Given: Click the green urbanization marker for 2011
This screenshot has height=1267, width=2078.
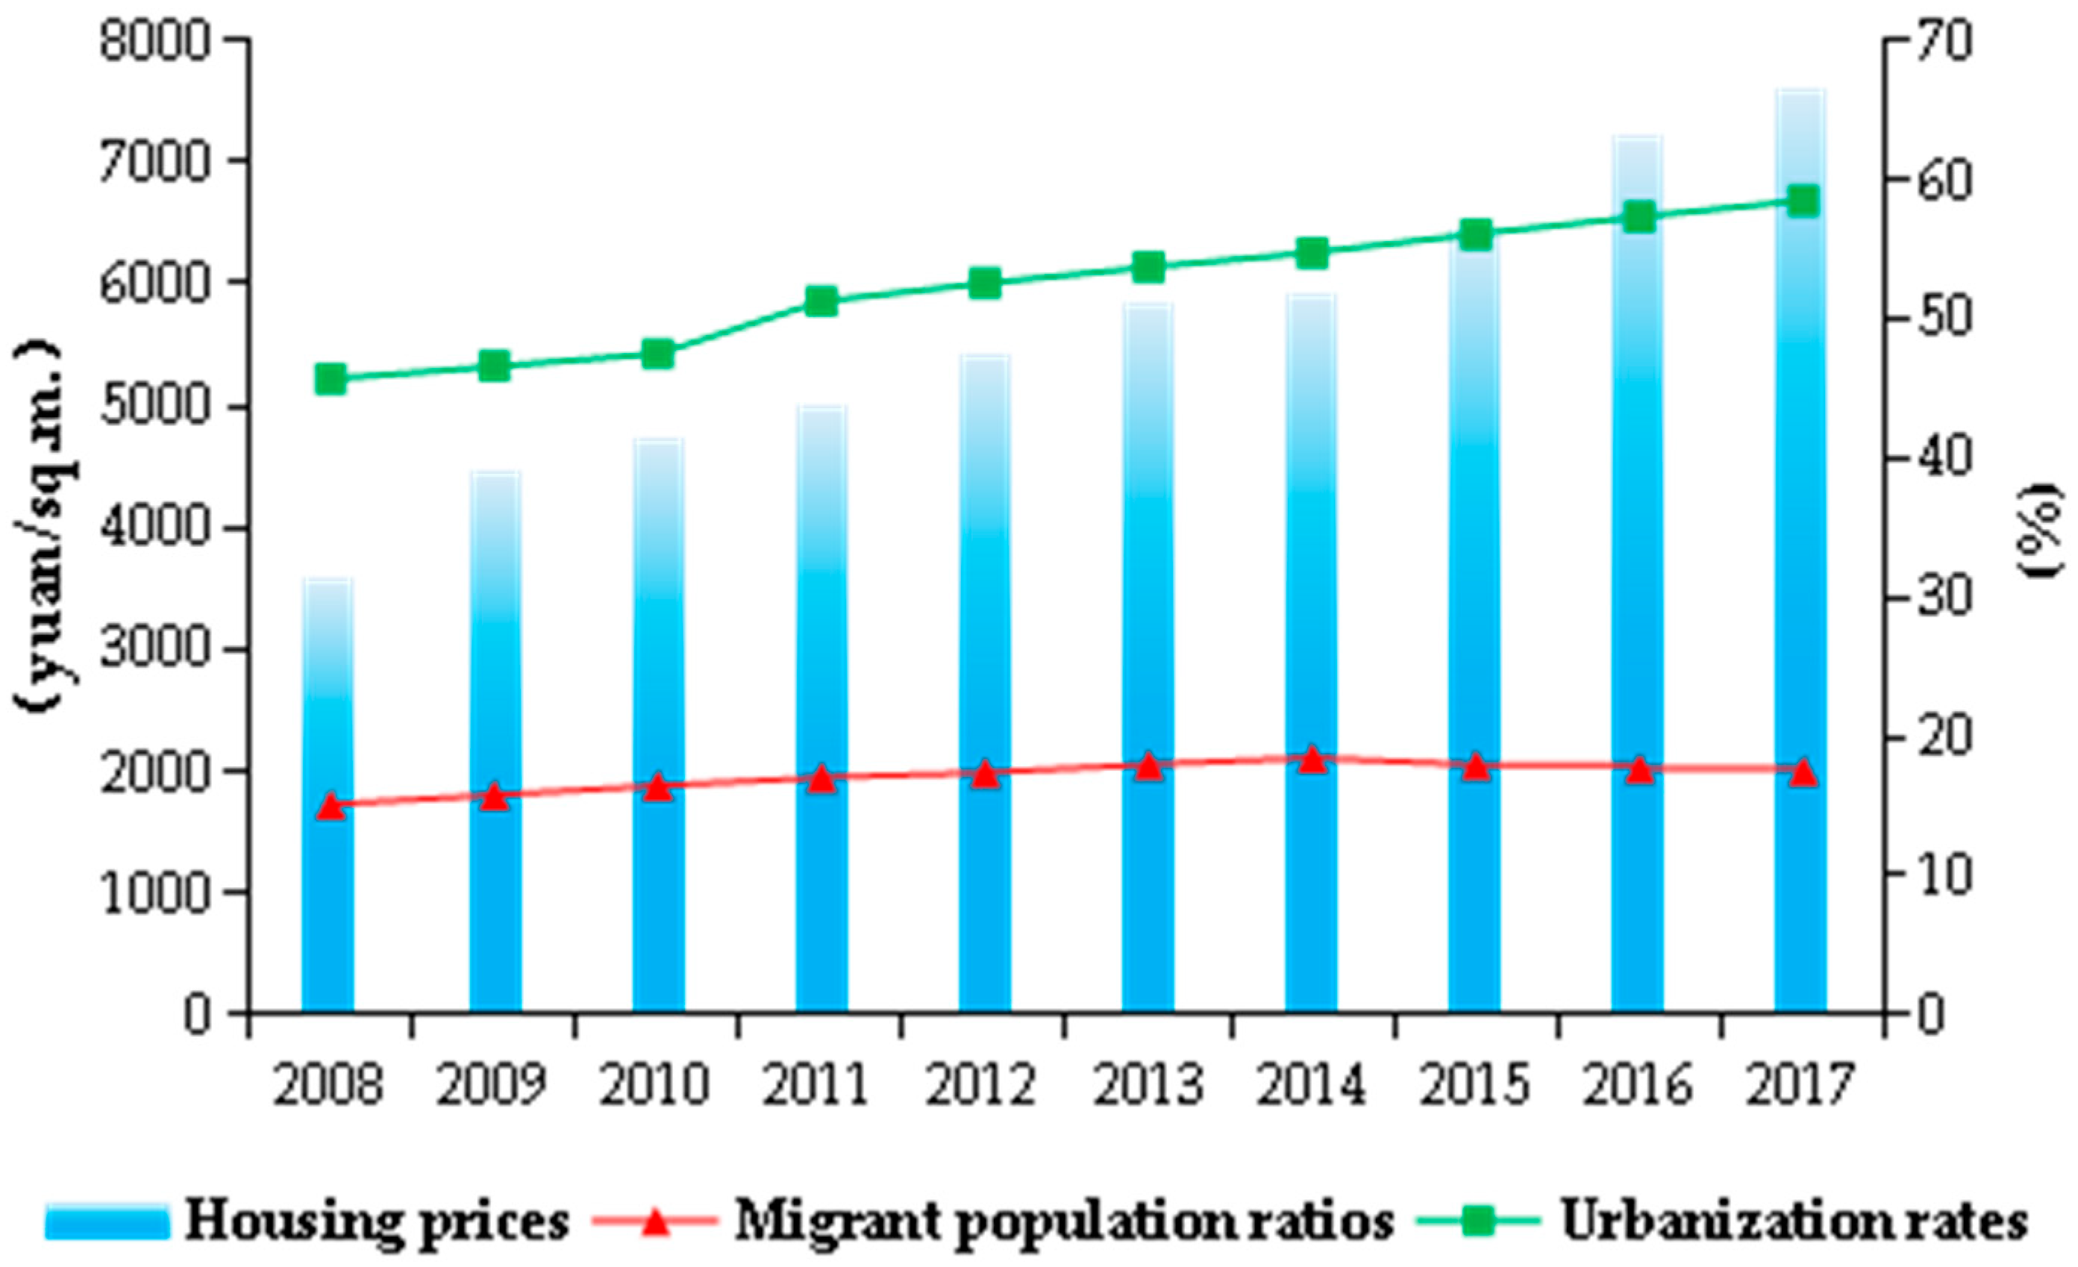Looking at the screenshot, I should (821, 301).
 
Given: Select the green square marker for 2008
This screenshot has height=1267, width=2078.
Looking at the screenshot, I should (331, 379).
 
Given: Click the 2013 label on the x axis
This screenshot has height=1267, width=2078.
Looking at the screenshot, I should (1148, 1086).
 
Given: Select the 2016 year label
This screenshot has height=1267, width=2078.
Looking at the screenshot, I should (1637, 1086).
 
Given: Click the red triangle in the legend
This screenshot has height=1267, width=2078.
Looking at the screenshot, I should (655, 1221).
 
